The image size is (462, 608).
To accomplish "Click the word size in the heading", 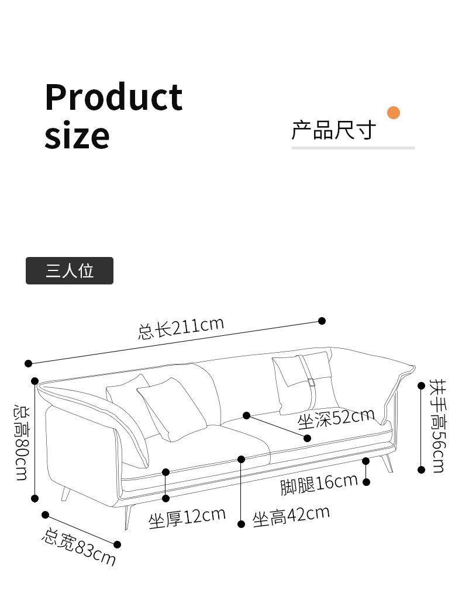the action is (77, 136).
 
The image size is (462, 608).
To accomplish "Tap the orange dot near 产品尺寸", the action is (394, 113).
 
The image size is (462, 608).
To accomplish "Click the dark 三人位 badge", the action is (70, 271).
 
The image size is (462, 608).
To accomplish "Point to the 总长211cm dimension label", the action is (181, 328).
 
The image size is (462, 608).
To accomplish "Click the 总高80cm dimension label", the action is (21, 441).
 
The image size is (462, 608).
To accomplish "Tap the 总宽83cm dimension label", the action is (78, 547).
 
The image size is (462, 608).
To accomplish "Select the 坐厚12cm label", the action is (187, 517).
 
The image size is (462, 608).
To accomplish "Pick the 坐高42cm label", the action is (291, 516).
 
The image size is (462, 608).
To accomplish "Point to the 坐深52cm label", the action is (336, 418).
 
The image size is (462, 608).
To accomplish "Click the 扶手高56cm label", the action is (436, 426).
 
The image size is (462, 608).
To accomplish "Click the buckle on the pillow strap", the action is (311, 383).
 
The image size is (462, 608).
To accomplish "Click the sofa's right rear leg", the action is (387, 463).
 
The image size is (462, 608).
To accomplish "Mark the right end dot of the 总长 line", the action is (322, 321).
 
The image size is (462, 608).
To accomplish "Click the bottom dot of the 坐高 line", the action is (241, 524).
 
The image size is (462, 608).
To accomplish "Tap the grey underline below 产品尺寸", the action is (353, 148).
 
